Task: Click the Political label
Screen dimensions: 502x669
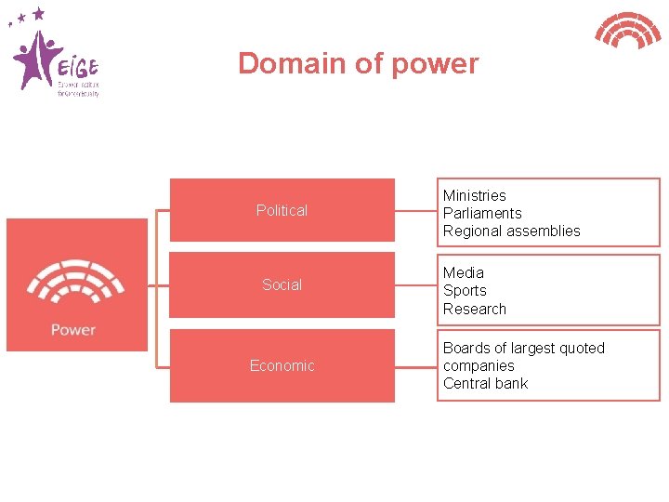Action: click(282, 211)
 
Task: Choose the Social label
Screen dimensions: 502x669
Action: click(282, 284)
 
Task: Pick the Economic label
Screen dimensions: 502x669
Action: click(282, 365)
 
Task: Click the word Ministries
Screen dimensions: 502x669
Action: click(474, 195)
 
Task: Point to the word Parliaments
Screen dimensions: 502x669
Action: click(482, 213)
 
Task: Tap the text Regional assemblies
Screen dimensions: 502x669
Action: click(511, 231)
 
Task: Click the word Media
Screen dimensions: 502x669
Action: click(463, 272)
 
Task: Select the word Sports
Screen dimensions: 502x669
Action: click(465, 290)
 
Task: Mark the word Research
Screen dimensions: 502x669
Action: click(474, 309)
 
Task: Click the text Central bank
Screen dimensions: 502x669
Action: click(485, 383)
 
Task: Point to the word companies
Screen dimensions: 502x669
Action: click(479, 365)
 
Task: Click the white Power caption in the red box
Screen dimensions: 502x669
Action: click(73, 329)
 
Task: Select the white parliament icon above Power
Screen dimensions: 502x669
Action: click(74, 283)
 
